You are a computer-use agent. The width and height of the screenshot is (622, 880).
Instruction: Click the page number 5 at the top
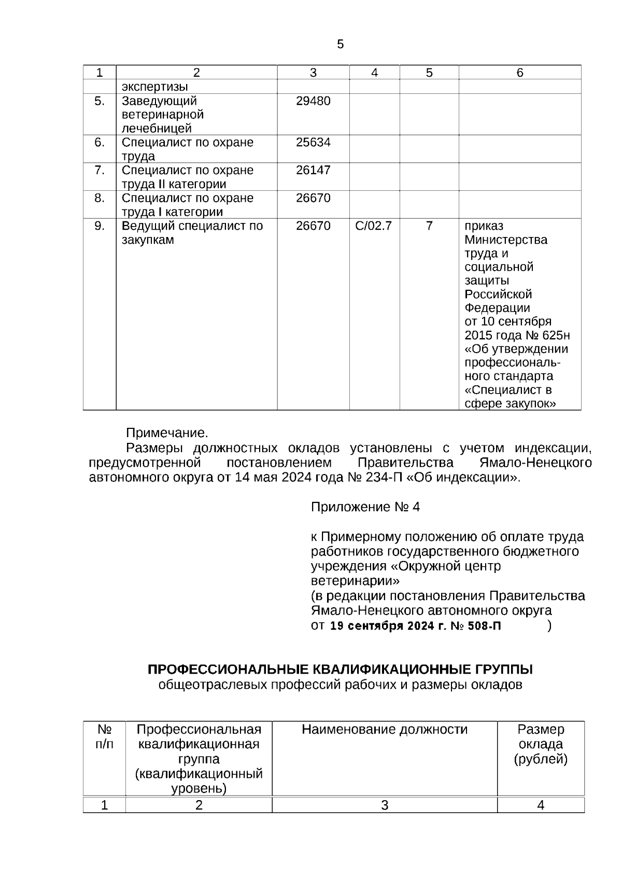coord(340,45)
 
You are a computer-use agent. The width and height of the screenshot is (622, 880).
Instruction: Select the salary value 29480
coord(313,101)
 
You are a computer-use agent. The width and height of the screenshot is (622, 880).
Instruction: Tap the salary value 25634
coord(313,143)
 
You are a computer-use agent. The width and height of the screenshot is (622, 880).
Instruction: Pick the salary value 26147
coord(313,171)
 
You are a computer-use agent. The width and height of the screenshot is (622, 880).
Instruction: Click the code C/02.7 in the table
coord(374,226)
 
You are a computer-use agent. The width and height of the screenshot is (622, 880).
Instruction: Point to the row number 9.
coord(100,226)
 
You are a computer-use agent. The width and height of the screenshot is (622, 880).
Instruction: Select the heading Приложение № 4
coord(365,507)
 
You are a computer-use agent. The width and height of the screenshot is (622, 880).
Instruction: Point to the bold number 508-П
coord(484,626)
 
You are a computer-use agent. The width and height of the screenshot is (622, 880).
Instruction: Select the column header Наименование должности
coord(384,730)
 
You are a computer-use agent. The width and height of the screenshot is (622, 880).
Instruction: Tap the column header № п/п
coord(105,737)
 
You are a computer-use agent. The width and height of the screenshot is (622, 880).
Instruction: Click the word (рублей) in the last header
coord(541,760)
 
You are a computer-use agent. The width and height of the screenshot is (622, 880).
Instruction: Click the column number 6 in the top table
coord(520,73)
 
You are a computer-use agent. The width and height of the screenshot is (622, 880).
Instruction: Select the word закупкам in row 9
coord(148,240)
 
